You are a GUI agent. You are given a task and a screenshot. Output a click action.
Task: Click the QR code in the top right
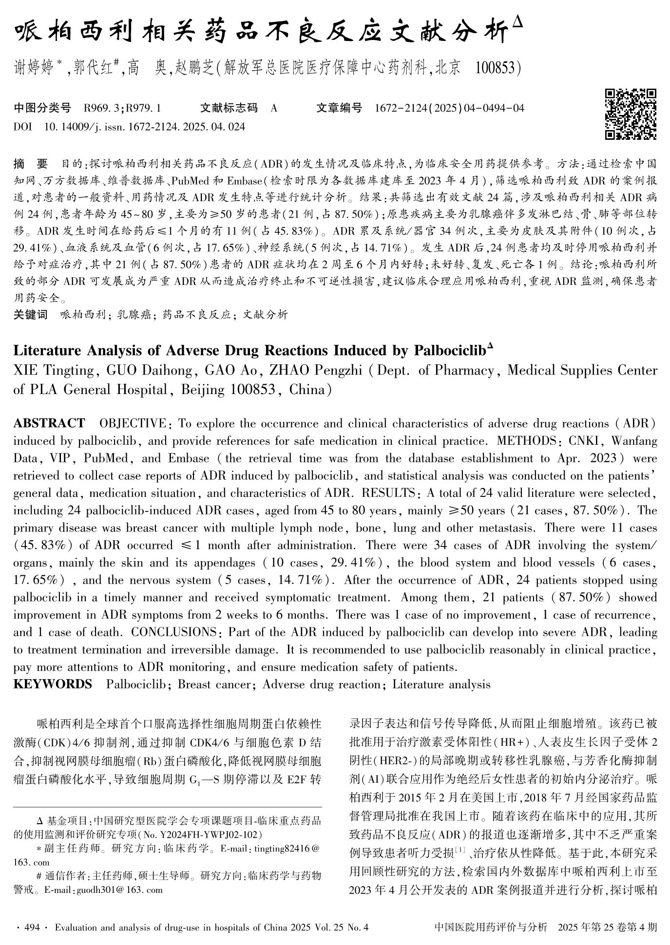[631, 114]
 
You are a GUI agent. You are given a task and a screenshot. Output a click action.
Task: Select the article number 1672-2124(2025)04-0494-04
[449, 108]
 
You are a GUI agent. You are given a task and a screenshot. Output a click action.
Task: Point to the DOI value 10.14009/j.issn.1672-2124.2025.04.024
[145, 127]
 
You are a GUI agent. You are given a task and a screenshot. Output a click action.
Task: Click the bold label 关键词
[30, 315]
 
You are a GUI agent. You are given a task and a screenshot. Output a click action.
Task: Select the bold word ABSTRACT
[49, 423]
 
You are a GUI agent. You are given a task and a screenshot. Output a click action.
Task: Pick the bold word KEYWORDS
[53, 684]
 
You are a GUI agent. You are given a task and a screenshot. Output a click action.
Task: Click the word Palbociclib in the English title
[450, 351]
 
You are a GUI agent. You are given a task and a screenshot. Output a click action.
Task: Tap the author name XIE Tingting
[53, 371]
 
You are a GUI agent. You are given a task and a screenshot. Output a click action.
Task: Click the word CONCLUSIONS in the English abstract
[173, 632]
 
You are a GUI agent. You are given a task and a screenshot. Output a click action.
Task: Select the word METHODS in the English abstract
[527, 441]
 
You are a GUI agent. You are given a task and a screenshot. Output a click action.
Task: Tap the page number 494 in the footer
[32, 927]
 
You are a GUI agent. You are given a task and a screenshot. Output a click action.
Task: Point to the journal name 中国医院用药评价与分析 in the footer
[490, 927]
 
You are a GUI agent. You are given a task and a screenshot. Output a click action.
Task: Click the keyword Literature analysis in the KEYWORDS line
[441, 684]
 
